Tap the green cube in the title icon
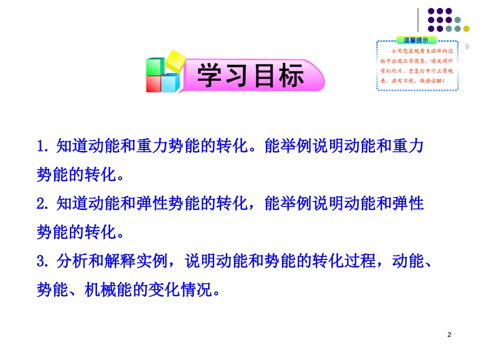(x=155, y=68)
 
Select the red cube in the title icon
(x=154, y=84)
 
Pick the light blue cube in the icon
(x=170, y=82)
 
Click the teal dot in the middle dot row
(x=457, y=20)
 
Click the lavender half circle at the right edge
(x=467, y=46)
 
